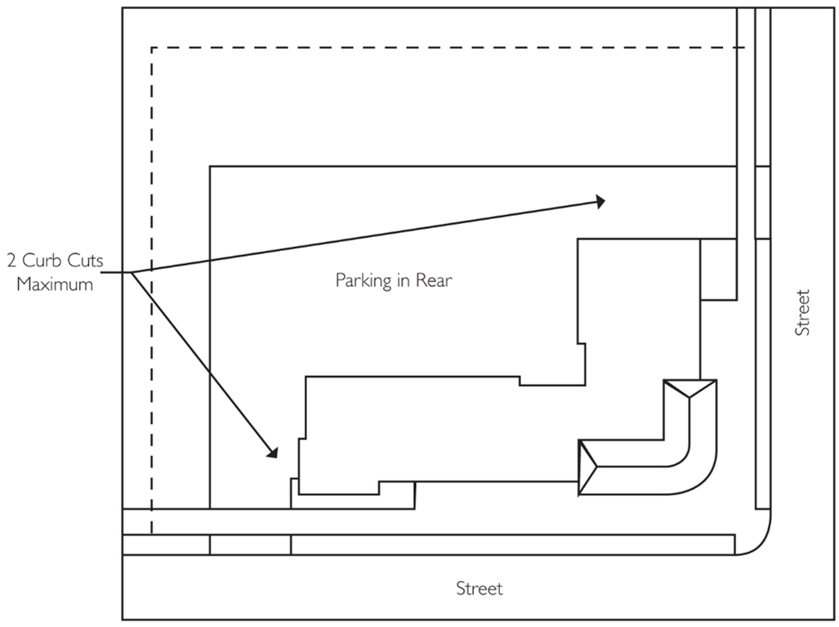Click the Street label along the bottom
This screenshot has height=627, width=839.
[480, 589]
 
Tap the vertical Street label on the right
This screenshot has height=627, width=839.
[803, 311]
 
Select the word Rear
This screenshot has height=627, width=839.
[435, 280]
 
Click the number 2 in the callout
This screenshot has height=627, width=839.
[11, 262]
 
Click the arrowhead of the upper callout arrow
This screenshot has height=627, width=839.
[600, 201]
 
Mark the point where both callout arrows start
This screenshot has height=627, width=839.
[131, 272]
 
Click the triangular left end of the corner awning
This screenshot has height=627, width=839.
[587, 468]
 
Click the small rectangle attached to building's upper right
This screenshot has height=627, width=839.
[718, 270]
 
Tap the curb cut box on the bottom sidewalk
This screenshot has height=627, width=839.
[250, 544]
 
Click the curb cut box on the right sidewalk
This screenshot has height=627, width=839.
[762, 202]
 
